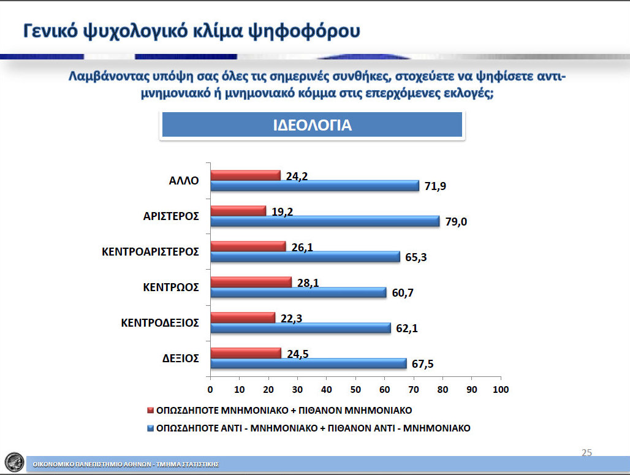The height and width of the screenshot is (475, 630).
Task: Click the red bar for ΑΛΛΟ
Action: pos(246,176)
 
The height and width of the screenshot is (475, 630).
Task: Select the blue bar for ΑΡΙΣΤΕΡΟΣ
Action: pos(325,221)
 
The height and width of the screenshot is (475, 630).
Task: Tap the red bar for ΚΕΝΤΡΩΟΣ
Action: pos(251,282)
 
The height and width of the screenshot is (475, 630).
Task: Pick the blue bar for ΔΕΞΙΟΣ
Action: pos(309,363)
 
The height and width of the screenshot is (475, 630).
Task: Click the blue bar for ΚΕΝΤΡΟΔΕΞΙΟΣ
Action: pos(300,328)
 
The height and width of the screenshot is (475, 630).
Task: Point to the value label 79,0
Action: pos(456,222)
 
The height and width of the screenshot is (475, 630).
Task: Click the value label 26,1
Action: pos(302,248)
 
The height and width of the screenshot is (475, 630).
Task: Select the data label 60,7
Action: pos(403,293)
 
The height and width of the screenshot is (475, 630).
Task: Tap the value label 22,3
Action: pos(291,319)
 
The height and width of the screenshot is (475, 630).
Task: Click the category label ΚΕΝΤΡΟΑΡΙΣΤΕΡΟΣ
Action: pos(150,252)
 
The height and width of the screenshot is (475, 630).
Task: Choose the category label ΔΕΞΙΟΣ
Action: pos(180,359)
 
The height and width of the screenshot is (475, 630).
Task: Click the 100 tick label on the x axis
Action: pos(501,389)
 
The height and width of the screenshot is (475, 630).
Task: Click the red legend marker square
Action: pos(151,410)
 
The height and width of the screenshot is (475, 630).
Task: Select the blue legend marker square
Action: pos(151,428)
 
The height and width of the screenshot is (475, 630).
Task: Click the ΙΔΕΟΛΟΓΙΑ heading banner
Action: pos(312,125)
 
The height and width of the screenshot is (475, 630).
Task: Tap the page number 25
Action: pos(586,452)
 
